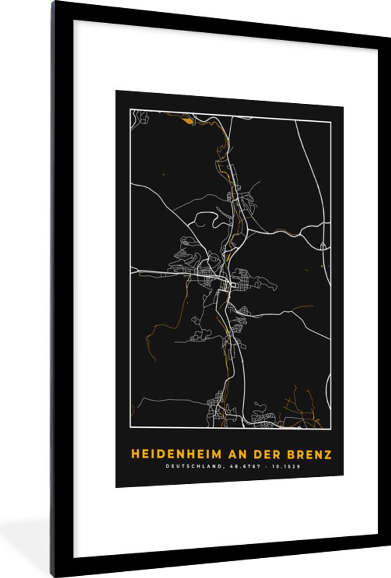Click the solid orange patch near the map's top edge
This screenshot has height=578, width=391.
(184, 119)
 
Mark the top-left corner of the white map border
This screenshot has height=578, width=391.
(130, 110)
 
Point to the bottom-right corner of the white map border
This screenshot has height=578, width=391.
(330, 428)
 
